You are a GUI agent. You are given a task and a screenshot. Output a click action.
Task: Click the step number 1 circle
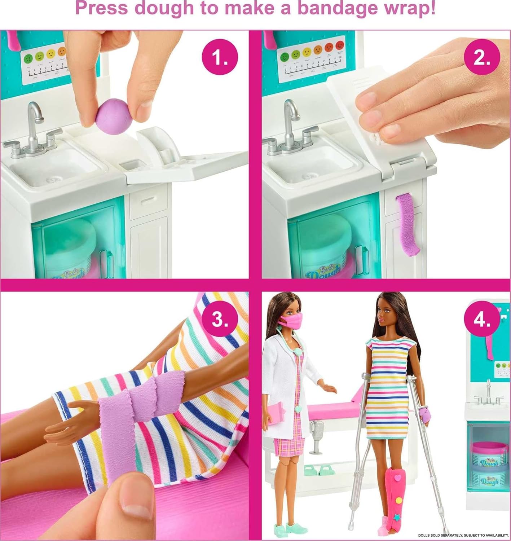[220, 58]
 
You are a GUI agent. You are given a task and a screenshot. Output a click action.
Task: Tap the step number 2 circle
[481, 58]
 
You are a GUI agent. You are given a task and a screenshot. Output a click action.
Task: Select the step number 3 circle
[220, 319]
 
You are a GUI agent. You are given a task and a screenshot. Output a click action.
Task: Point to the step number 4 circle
[482, 319]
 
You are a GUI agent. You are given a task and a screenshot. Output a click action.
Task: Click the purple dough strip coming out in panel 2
[407, 224]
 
